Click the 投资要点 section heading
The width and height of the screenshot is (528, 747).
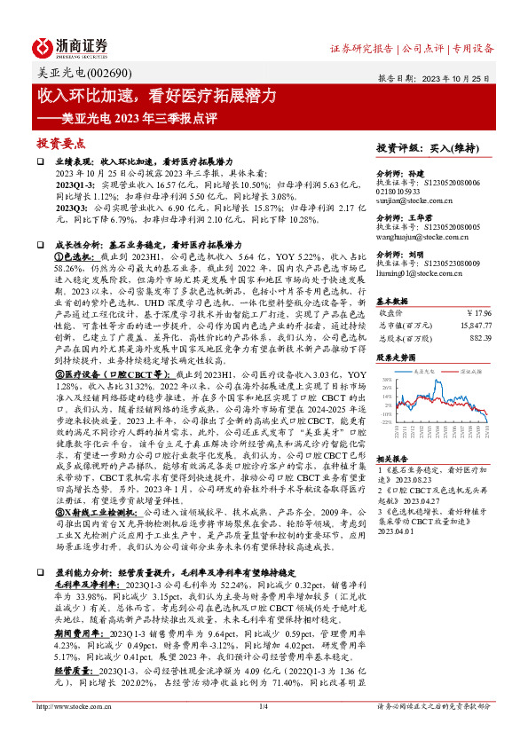pos(60,143)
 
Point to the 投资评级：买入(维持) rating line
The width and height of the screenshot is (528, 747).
pos(425,148)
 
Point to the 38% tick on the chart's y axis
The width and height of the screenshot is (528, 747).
pos(387,381)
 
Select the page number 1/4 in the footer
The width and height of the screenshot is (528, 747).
pos(264,732)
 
